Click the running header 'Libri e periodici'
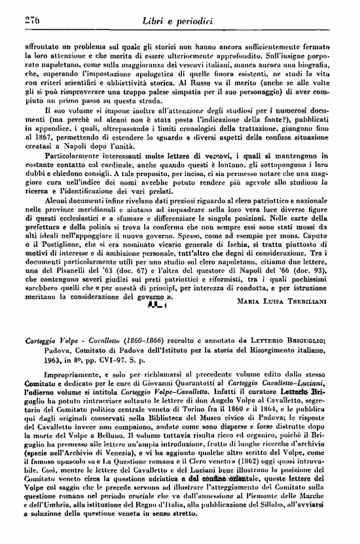coord(178,21)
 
